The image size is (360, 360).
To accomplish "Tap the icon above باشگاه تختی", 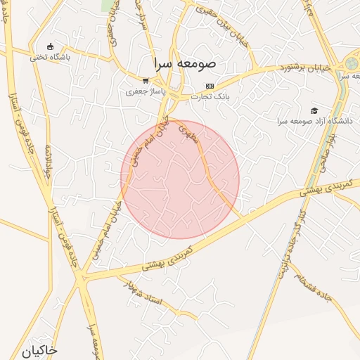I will pyautogui.click(x=49, y=46).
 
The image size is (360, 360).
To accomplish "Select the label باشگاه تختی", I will pyautogui.click(x=49, y=58).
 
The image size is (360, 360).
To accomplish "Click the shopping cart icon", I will pyautogui.click(x=145, y=81).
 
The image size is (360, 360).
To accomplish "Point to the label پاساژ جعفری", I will pyautogui.click(x=145, y=91).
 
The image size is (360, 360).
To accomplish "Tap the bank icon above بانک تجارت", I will pyautogui.click(x=210, y=86).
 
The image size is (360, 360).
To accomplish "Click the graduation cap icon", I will pyautogui.click(x=314, y=110).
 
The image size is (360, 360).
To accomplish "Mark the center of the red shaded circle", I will pyautogui.click(x=180, y=179).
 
